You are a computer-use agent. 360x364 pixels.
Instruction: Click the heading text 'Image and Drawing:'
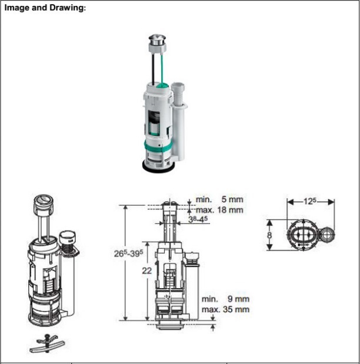45,10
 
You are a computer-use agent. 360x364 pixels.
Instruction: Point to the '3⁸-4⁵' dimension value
198,219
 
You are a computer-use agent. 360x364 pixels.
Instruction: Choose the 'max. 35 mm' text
225,309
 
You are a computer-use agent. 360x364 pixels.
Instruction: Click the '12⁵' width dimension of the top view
311,201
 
